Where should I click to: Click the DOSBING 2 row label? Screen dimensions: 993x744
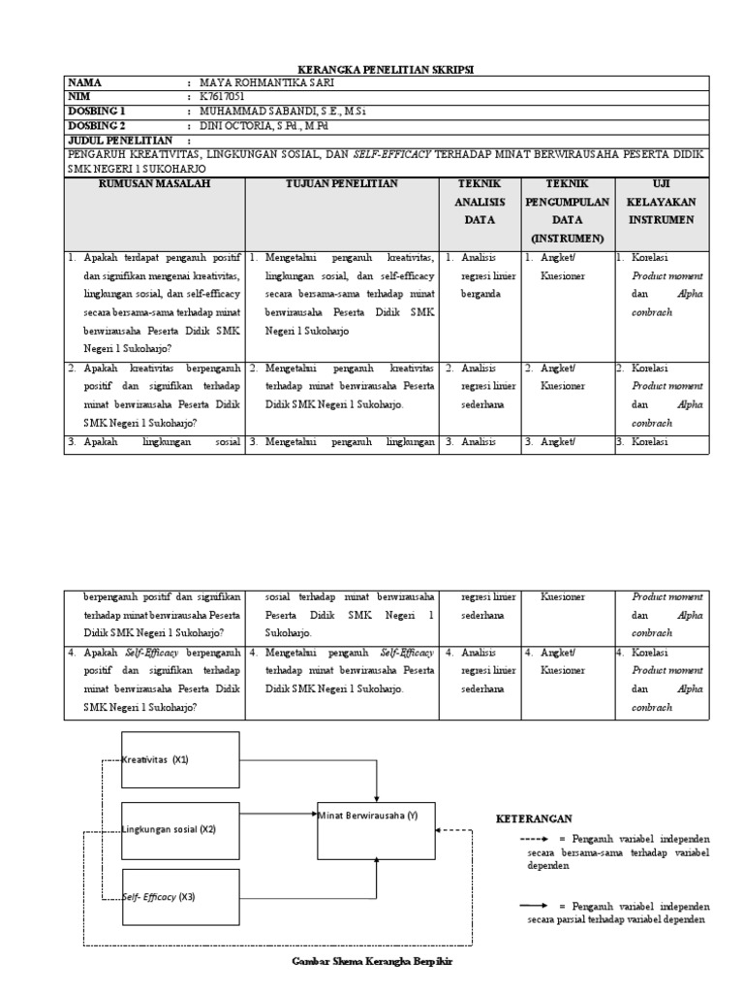click(97, 125)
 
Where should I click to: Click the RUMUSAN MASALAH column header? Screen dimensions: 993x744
click(154, 183)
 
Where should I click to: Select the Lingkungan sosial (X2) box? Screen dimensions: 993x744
click(179, 829)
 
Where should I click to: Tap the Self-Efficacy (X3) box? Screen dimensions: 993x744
click(179, 897)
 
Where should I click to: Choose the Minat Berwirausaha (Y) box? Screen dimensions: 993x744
click(377, 829)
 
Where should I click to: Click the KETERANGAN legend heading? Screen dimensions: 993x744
click(534, 818)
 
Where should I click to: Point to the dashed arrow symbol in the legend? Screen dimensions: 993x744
click(535, 838)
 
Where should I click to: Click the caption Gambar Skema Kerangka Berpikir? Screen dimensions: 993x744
click(373, 961)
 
